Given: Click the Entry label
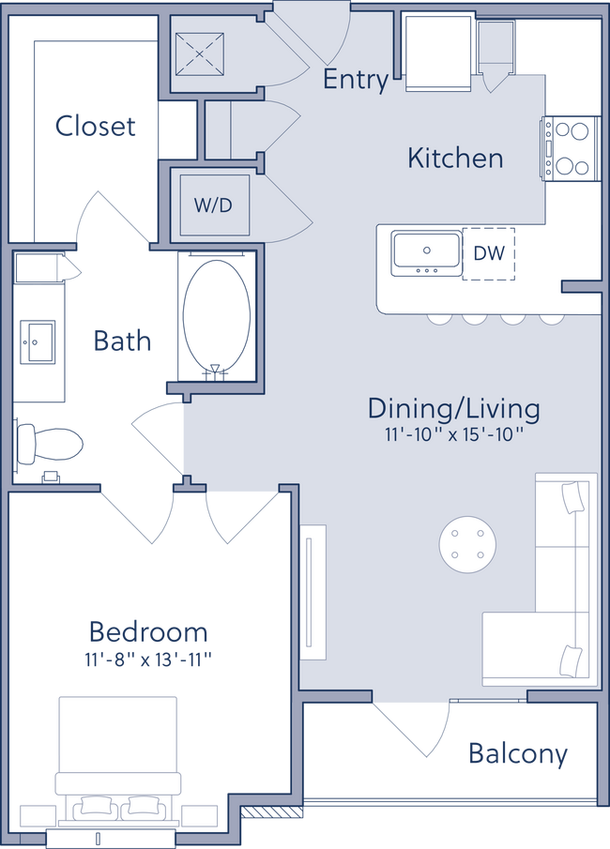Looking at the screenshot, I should (355, 80).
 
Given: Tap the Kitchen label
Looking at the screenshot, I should (455, 158).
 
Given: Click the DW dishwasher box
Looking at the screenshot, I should (489, 253).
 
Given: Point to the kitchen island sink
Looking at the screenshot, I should (427, 252).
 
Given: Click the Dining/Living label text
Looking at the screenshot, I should (453, 408).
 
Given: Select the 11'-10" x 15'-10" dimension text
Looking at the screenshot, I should (453, 434).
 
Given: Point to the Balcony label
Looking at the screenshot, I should (518, 754).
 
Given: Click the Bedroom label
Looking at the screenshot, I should (147, 630).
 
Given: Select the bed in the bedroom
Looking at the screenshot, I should (117, 750).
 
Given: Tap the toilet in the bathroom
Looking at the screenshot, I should (52, 444).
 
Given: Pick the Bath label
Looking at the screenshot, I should (122, 340).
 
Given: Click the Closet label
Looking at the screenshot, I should (95, 125).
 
